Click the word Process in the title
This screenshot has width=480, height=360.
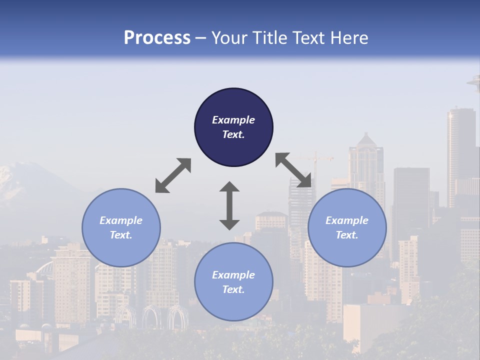coord(157,38)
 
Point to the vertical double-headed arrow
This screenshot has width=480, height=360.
coord(229,205)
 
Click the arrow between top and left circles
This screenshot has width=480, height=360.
coord(173,175)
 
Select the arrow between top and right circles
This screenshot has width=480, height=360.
coord(294,170)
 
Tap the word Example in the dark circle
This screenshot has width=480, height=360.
coord(233,120)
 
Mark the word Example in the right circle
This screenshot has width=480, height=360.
coord(347,220)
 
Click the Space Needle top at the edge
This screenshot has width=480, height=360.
coord(474,81)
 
